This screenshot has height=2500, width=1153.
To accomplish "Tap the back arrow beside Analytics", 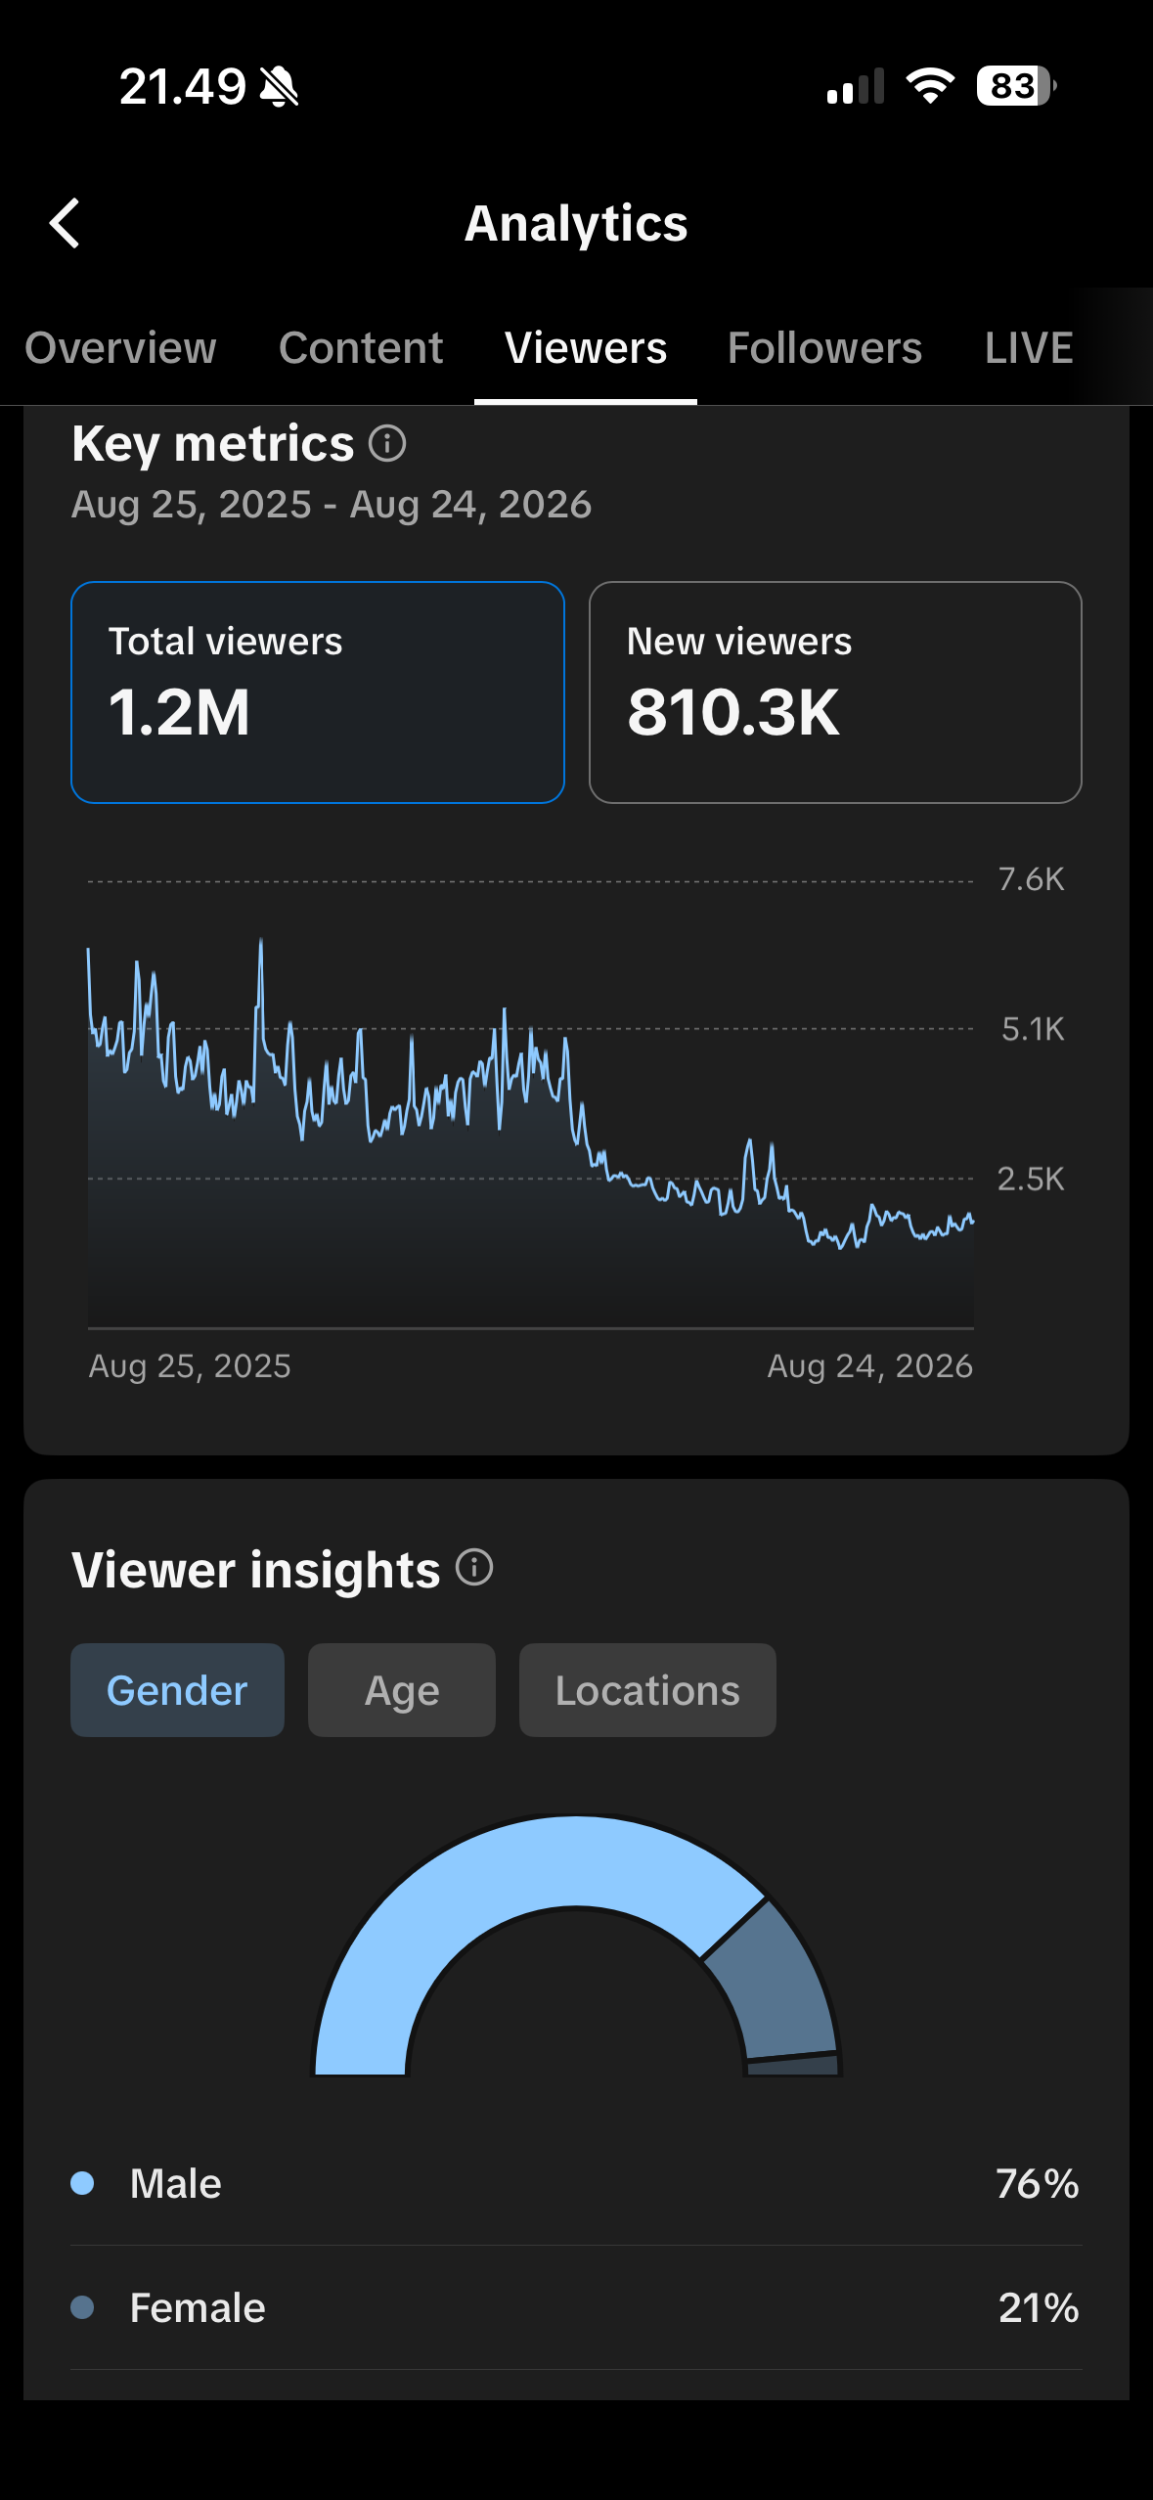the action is coord(65,223).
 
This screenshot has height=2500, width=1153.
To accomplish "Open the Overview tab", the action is coord(120,348).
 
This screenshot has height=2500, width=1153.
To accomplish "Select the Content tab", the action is coord(361,348).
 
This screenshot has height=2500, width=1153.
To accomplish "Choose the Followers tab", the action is coord(824,348).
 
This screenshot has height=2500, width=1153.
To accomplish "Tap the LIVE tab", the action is coord(1029,348).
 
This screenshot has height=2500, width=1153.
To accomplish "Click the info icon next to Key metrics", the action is coord(387,443).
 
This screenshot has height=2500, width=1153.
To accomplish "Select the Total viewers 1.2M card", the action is coord(318,692).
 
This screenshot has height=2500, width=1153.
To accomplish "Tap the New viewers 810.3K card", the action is coord(835,692).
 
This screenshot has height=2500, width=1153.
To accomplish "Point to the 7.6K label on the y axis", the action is coord(1031,879).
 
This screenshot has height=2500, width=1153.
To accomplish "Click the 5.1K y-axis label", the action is coord(1033,1029).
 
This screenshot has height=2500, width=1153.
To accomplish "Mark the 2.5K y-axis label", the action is coord(1031,1179).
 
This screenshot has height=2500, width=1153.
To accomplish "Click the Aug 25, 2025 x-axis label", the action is coord(190,1366).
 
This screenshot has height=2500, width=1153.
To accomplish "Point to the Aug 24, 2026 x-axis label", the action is coord(870,1366).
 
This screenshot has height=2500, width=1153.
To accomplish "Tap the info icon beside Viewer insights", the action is coord(474,1568).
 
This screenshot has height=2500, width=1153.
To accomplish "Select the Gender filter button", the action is coord(177,1690).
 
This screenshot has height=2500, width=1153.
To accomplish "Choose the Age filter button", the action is coord(402,1690).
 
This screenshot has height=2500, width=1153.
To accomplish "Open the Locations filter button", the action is coord(647,1690).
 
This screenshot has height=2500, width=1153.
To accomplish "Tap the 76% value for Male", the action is coord(1038,2183).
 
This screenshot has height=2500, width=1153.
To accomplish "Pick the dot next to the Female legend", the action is coord(83,2307).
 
